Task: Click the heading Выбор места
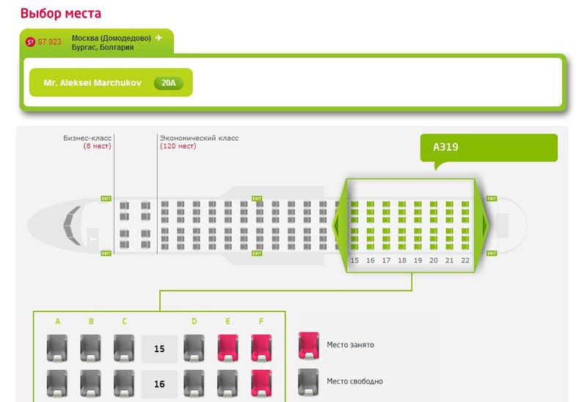point(61,13)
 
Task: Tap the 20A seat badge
point(169,83)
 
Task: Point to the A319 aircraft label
point(445,147)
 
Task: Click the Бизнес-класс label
point(87,138)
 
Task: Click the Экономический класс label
point(199,138)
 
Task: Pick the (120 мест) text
point(178,146)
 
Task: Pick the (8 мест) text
point(97,146)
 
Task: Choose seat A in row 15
point(57,347)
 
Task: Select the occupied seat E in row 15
point(228,347)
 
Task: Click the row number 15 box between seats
point(159,348)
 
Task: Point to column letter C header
point(125,321)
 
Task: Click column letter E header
point(228,321)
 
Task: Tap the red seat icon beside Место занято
point(309,345)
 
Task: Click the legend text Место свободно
point(354,381)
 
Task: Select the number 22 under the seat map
point(465,260)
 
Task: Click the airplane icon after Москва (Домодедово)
point(158,37)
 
